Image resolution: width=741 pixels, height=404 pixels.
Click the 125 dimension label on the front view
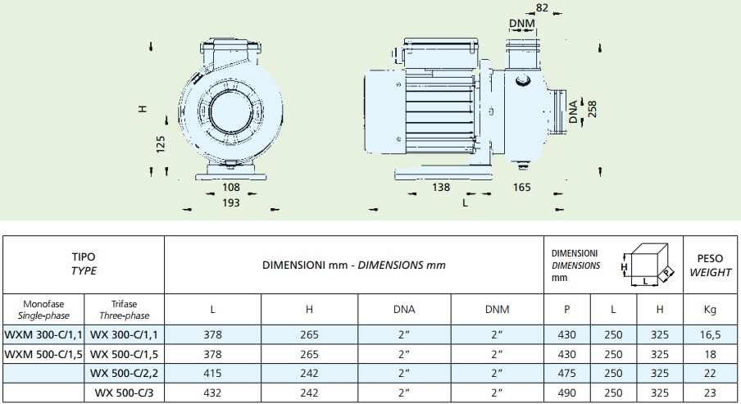(161, 143)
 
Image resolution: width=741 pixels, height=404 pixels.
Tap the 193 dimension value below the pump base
(231, 203)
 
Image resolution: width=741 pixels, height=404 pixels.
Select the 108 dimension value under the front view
(232, 188)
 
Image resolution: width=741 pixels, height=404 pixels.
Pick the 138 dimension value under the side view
(440, 188)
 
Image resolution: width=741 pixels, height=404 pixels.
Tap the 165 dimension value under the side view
(522, 188)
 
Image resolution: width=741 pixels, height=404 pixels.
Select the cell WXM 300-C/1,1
(43, 334)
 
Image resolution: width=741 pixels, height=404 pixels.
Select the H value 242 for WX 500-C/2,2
(310, 374)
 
